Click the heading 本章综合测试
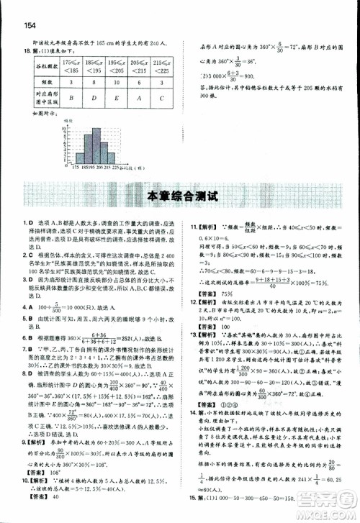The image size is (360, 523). coord(179,195)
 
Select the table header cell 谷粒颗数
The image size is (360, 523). coord(35,73)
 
